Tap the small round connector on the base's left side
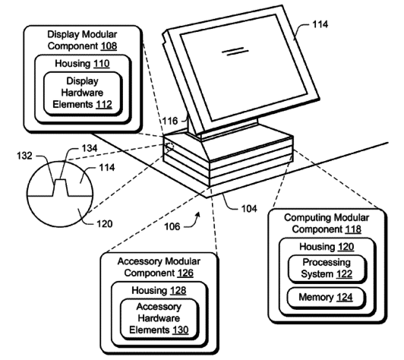(169, 145)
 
